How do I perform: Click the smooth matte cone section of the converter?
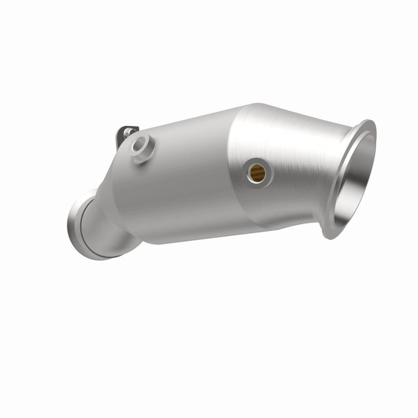[x=174, y=180]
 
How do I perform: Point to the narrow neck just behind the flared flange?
[x=325, y=174]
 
